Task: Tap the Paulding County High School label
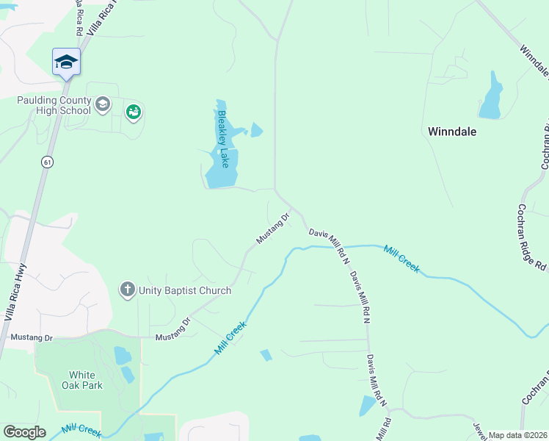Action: click(54, 105)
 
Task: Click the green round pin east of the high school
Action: click(133, 112)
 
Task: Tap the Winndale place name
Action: click(452, 132)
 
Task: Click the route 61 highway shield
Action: click(47, 162)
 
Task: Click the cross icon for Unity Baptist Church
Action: click(127, 290)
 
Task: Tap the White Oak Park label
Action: click(86, 380)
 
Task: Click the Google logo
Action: click(24, 432)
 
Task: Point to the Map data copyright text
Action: click(517, 435)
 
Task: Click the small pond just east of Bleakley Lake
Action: click(256, 131)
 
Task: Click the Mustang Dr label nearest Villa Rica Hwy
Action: click(32, 337)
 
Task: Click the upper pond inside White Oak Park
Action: click(123, 356)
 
